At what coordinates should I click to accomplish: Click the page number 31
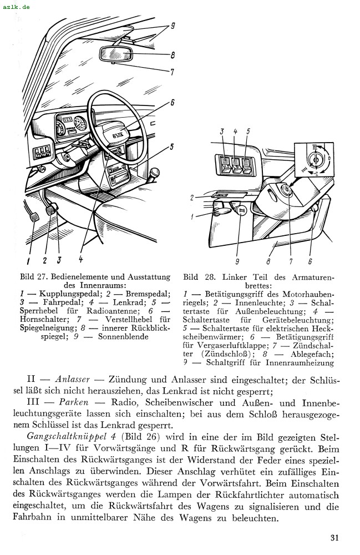334,537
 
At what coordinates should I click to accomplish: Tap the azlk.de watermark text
17,7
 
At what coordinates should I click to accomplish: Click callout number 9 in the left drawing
173,26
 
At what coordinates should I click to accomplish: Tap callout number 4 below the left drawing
80,259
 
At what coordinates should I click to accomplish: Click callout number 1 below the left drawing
28,259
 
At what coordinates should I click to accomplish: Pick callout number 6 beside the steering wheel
173,102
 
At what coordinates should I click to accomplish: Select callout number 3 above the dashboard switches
221,132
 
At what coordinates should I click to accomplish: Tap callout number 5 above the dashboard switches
247,132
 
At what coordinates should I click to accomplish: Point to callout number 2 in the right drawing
191,198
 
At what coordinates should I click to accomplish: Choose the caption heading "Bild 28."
198,277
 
